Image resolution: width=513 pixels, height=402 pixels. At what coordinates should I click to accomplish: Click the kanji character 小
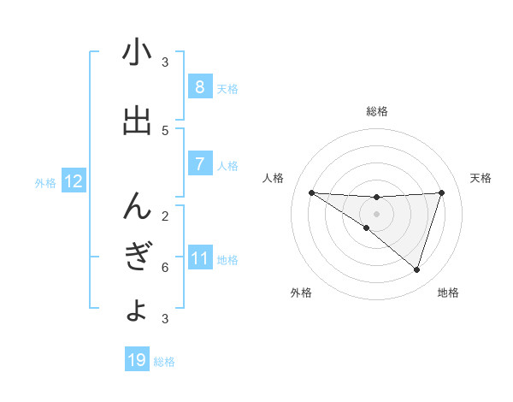137,54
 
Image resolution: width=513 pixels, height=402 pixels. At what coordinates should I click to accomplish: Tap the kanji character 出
137,121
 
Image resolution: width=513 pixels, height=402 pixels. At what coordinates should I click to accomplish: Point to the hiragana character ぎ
137,257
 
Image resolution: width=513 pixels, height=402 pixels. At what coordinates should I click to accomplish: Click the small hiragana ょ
137,309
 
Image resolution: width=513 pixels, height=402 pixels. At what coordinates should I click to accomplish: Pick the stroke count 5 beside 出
165,130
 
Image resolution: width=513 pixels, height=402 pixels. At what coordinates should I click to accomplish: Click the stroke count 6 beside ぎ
165,267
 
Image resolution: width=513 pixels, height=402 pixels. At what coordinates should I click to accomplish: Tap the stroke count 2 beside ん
165,216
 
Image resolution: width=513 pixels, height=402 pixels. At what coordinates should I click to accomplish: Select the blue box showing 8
199,86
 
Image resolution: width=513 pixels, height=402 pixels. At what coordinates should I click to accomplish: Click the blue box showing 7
199,163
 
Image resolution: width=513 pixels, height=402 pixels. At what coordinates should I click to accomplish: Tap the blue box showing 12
74,181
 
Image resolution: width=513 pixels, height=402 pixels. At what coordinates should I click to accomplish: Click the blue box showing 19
137,360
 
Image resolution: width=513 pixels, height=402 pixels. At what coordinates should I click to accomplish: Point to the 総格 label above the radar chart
376,111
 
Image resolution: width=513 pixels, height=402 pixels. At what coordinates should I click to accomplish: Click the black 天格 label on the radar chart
481,178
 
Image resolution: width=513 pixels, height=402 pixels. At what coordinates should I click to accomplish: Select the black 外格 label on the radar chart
301,293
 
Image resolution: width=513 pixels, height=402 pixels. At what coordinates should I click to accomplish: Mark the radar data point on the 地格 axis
416,269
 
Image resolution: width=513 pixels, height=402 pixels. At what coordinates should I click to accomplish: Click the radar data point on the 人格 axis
311,192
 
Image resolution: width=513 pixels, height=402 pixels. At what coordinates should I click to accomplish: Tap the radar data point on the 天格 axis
441,192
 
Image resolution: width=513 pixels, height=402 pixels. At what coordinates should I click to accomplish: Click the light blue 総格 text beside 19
164,362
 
